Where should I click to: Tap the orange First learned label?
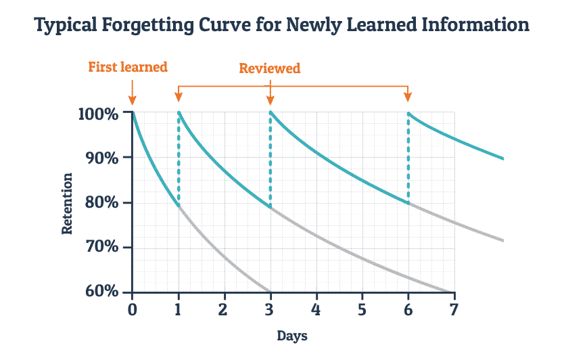pyautogui.click(x=128, y=67)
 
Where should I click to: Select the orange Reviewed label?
pyautogui.click(x=270, y=68)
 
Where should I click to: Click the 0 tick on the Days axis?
pyautogui.click(x=132, y=309)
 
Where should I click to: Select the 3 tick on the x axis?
pyautogui.click(x=270, y=309)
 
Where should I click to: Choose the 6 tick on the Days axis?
pyautogui.click(x=408, y=309)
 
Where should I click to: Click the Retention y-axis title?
pyautogui.click(x=67, y=203)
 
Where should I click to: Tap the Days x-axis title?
pyautogui.click(x=293, y=336)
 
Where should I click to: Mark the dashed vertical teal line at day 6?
pyautogui.click(x=408, y=157)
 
